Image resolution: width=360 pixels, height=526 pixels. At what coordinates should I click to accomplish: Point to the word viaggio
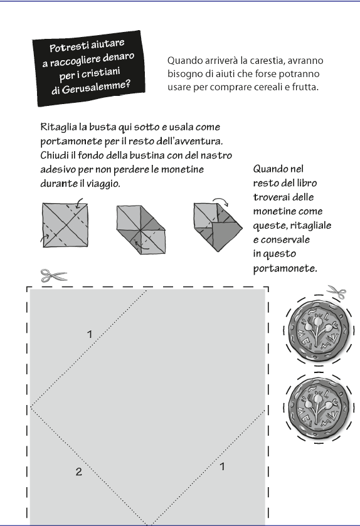coord(103,184)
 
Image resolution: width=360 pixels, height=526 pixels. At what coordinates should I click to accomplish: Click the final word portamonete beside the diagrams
coord(285,268)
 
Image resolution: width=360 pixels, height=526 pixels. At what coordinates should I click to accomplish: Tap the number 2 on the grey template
coord(79,471)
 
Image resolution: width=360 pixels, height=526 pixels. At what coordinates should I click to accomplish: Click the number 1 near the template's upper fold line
coord(90,334)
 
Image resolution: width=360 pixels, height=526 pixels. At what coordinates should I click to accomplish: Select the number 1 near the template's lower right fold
coord(222,466)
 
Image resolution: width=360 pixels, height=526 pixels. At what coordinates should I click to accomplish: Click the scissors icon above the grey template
coord(54,276)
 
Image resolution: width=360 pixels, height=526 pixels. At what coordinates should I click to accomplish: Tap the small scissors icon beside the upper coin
coord(337,292)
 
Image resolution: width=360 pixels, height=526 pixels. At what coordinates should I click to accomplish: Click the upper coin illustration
coord(318,330)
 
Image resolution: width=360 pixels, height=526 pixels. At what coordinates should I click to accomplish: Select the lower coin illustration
coord(318,408)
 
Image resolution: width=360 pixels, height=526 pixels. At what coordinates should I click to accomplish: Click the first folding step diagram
coord(65,225)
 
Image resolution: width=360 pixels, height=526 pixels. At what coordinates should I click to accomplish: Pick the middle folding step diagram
coord(141,230)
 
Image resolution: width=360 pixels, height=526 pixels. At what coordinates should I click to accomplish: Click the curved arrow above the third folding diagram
coord(221,200)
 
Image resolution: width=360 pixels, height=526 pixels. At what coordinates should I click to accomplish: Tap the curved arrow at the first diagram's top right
coord(79,203)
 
